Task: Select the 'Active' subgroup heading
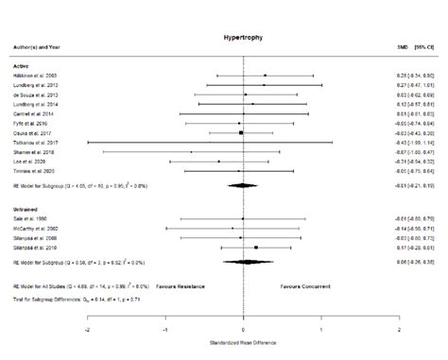pyautogui.click(x=21, y=64)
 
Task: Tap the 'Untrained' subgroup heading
pyautogui.click(x=25, y=207)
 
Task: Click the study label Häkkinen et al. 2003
pyautogui.click(x=36, y=75)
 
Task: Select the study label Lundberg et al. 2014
pyautogui.click(x=36, y=104)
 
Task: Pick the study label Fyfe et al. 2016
pyautogui.click(x=30, y=123)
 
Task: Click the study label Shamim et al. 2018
pyautogui.click(x=34, y=151)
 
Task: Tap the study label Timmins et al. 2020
pyautogui.click(x=34, y=171)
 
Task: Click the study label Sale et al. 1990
pyautogui.click(x=30, y=218)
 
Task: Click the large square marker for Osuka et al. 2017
pyautogui.click(x=242, y=132)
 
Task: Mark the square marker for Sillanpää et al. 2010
pyautogui.click(x=257, y=247)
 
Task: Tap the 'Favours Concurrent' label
pyautogui.click(x=305, y=283)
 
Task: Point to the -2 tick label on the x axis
pyautogui.click(x=88, y=331)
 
